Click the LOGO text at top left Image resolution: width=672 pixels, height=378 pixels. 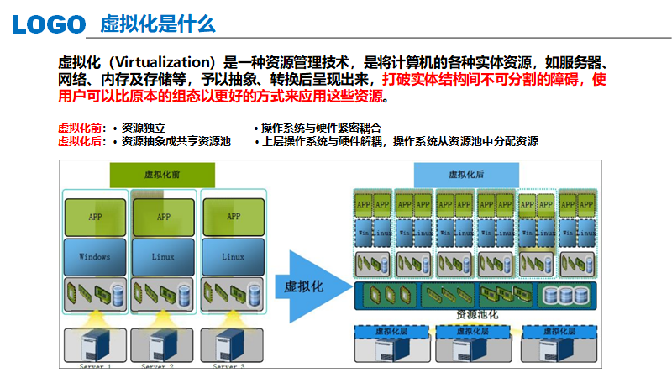point(49,24)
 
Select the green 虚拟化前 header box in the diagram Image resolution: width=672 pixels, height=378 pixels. point(162,175)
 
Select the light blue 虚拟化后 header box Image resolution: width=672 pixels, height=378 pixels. point(467,175)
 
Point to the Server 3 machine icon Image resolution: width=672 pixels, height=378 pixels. point(231,346)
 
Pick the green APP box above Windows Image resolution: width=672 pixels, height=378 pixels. point(94,217)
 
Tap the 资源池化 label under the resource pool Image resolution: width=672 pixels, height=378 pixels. point(476,314)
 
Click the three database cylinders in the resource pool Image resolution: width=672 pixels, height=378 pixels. point(564,295)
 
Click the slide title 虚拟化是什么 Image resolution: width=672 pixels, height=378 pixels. point(158,24)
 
